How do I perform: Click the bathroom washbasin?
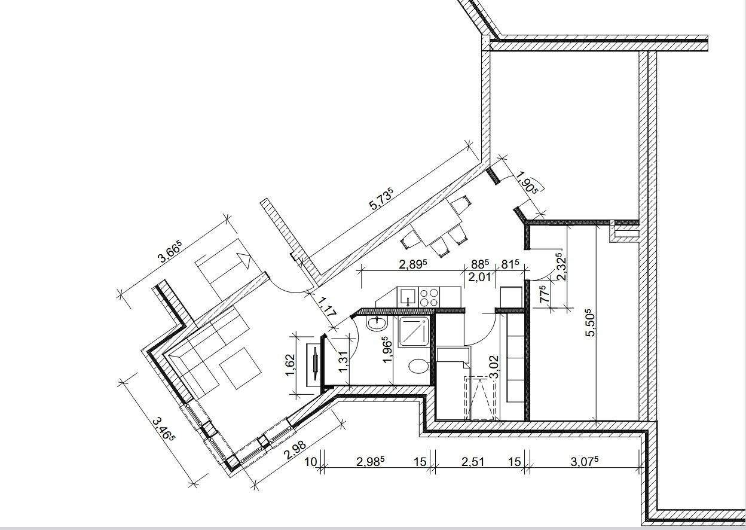(377, 324)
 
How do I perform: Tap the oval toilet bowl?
(418, 366)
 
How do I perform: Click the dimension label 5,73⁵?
(381, 199)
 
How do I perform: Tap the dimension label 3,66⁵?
(170, 252)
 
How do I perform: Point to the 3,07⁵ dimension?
(585, 461)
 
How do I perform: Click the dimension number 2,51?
(473, 462)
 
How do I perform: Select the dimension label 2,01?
(479, 277)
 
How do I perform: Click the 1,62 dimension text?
(290, 365)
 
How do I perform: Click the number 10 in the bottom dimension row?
(311, 462)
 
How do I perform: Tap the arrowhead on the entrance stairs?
(244, 260)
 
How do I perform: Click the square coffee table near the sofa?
(240, 368)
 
